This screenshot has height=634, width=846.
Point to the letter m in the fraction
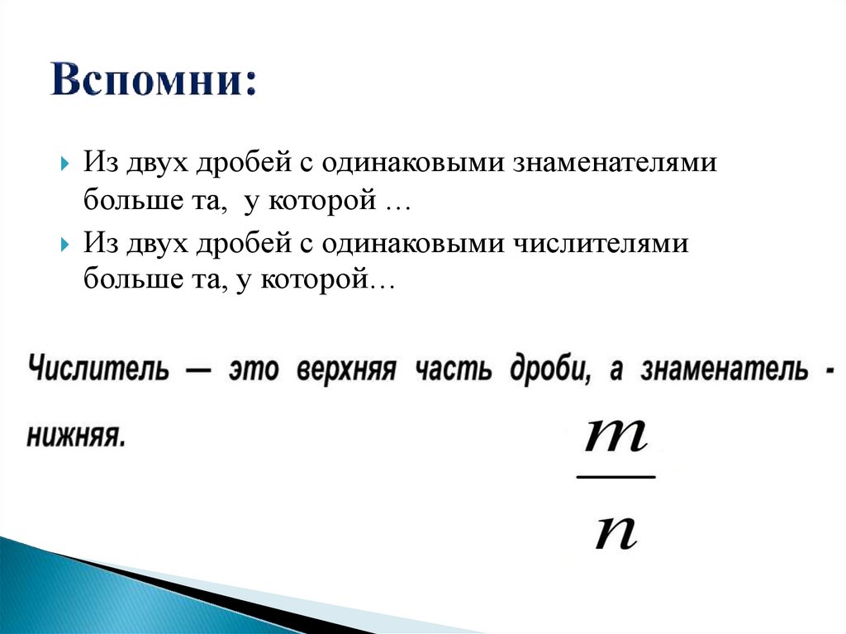615,436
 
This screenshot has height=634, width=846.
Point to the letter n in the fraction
615,533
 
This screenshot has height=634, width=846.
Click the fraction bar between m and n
615,477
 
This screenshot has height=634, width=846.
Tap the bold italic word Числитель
99,369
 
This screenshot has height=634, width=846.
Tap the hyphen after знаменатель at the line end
829,369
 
